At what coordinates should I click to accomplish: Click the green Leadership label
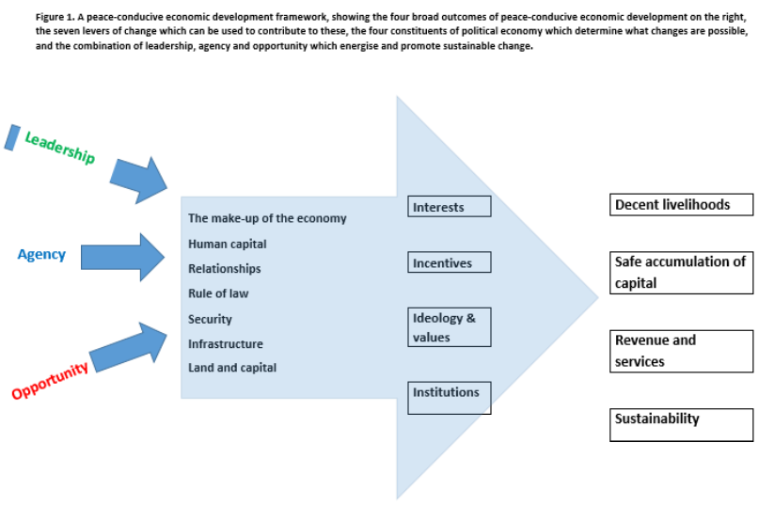[59, 148]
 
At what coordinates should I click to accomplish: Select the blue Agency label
[41, 254]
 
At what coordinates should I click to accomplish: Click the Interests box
[450, 207]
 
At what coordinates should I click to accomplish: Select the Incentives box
[450, 262]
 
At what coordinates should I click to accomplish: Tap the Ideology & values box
[450, 327]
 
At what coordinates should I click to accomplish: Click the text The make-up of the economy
[267, 218]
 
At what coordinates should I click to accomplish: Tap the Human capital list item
[227, 244]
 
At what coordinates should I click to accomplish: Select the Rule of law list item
[218, 293]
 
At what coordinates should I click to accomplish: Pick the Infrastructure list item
[226, 344]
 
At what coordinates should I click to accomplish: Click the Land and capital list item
[232, 368]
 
